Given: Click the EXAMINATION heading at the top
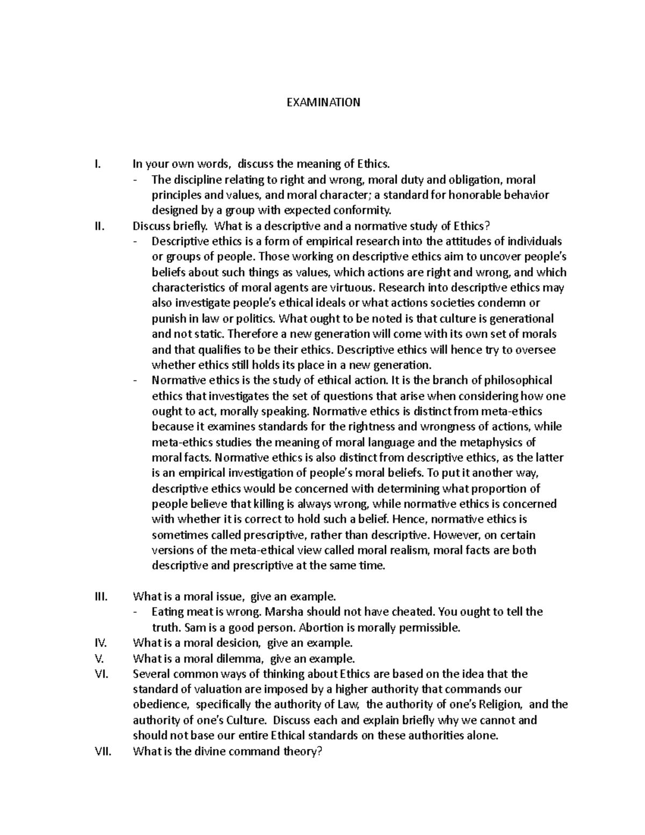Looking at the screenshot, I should [322, 102].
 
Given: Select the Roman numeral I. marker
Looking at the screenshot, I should [97, 164].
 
